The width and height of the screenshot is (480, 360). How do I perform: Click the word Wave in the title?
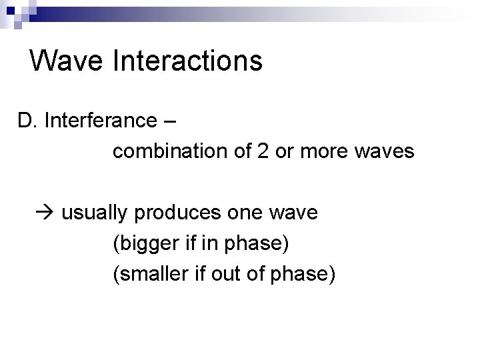(x=67, y=61)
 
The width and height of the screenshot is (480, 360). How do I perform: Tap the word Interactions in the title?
(x=188, y=61)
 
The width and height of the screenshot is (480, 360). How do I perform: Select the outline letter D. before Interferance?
(x=27, y=121)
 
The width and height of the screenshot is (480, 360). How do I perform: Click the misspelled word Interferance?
(x=101, y=121)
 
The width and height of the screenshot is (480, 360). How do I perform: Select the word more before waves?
(x=319, y=152)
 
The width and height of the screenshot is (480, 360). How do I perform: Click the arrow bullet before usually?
(x=45, y=213)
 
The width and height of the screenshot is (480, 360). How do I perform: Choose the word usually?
(x=95, y=213)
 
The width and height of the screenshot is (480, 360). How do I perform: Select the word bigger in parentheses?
(x=145, y=244)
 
